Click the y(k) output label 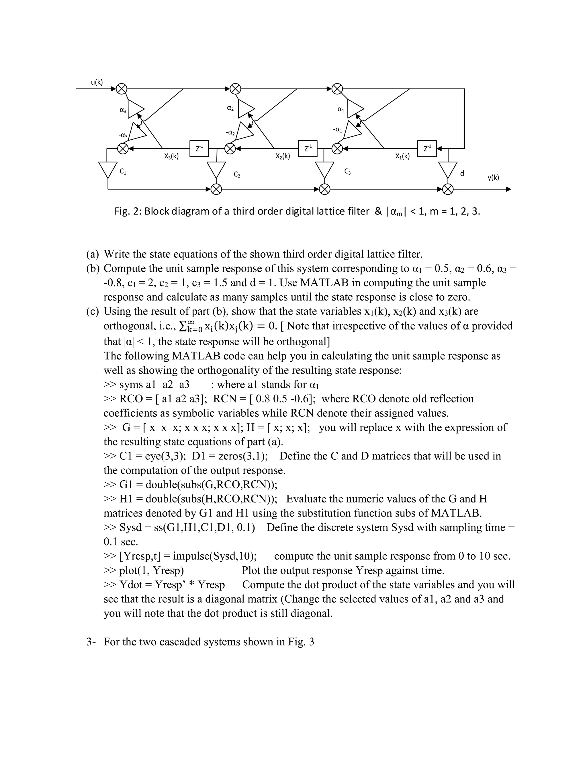(x=493, y=178)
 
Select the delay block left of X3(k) (x=199, y=149)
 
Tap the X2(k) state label (x=283, y=157)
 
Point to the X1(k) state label (x=402, y=157)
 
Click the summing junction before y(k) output (x=448, y=189)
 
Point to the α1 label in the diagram (x=341, y=110)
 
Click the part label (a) (x=93, y=254)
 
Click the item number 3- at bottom (x=91, y=642)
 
